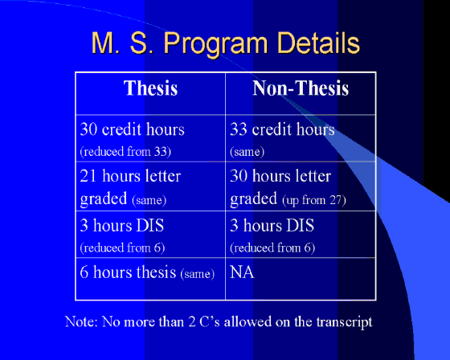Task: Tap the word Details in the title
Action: pos(318,43)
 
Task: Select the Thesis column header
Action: pos(151,88)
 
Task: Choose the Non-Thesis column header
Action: pos(301,88)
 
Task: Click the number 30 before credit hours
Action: pos(88,129)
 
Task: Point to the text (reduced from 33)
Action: pos(125,151)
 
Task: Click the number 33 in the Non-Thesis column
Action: pos(239,129)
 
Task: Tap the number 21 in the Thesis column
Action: pos(88,176)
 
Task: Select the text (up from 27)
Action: pos(314,200)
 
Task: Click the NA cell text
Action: pos(242,272)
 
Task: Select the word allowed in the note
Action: pos(247,321)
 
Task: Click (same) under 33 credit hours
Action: pos(247,151)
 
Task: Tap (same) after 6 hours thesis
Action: pos(198,273)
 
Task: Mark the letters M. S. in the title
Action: pos(123,43)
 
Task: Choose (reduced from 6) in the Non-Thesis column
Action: pos(272,247)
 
